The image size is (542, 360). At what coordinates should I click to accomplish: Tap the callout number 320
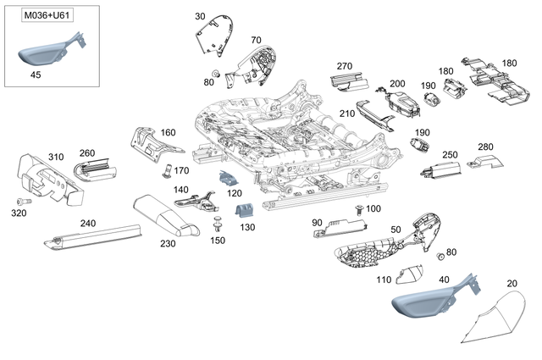(x=19, y=214)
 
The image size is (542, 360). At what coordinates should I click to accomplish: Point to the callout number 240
(x=89, y=223)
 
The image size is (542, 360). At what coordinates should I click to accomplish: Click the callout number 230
(x=169, y=243)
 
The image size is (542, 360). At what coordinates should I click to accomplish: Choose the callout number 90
(x=318, y=222)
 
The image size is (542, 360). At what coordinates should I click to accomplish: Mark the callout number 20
(x=512, y=283)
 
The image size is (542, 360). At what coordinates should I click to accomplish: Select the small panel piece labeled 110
(x=409, y=274)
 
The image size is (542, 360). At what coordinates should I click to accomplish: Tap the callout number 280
(x=485, y=147)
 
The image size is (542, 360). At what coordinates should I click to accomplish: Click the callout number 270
(x=344, y=66)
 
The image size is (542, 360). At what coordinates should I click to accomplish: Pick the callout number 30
(x=200, y=16)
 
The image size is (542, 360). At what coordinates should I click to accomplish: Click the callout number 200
(x=397, y=84)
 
